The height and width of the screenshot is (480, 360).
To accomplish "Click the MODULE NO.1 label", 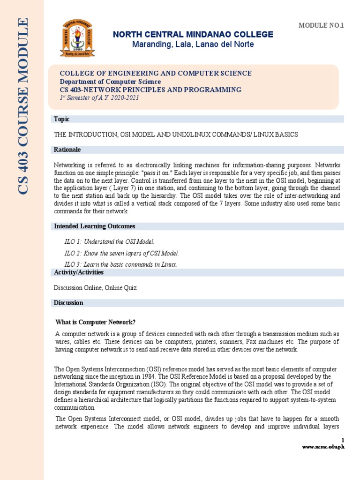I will tap(321, 25).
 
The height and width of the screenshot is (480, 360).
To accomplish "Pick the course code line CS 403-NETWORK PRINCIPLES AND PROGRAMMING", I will tap(150, 90).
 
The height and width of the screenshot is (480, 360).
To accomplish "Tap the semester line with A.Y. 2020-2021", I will tap(99, 97).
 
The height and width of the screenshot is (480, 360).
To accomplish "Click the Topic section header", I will tap(62, 119).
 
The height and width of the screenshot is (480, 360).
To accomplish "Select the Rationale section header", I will tap(67, 150).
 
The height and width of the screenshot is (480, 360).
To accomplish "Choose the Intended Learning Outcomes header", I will tap(95, 226).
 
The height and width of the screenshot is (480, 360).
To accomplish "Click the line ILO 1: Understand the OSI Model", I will tap(109, 241).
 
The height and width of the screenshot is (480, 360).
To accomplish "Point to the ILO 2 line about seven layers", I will tap(121, 254).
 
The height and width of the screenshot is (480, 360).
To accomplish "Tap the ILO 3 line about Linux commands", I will tap(120, 264).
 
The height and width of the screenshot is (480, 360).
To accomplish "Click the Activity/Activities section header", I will tap(79, 272).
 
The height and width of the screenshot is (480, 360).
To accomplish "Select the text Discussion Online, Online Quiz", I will tap(95, 287).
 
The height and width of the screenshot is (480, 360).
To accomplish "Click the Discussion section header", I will tap(68, 303).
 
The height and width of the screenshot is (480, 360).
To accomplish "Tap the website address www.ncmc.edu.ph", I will tap(323, 447).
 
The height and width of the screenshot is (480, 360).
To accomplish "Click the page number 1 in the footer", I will tap(343, 440).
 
